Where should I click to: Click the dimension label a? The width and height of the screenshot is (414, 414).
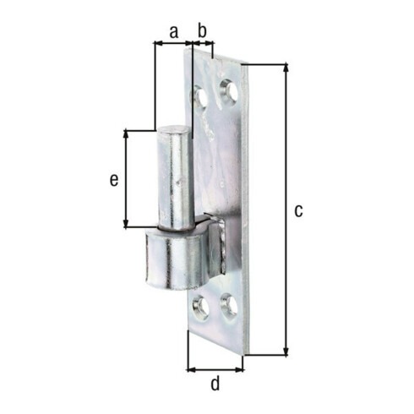174,32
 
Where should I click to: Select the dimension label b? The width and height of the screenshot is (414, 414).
202,30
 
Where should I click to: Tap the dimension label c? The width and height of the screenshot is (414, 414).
298,210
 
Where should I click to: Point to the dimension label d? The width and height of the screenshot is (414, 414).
215,384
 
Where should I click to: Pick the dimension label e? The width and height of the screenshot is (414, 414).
114,180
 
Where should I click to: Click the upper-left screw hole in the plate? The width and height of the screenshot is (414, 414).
200,97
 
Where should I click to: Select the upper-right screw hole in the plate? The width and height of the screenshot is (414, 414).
229,90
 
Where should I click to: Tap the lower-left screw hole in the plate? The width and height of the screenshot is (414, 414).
200,308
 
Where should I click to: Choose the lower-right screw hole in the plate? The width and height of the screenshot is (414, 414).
229,305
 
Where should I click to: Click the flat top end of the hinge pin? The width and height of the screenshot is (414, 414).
173,130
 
